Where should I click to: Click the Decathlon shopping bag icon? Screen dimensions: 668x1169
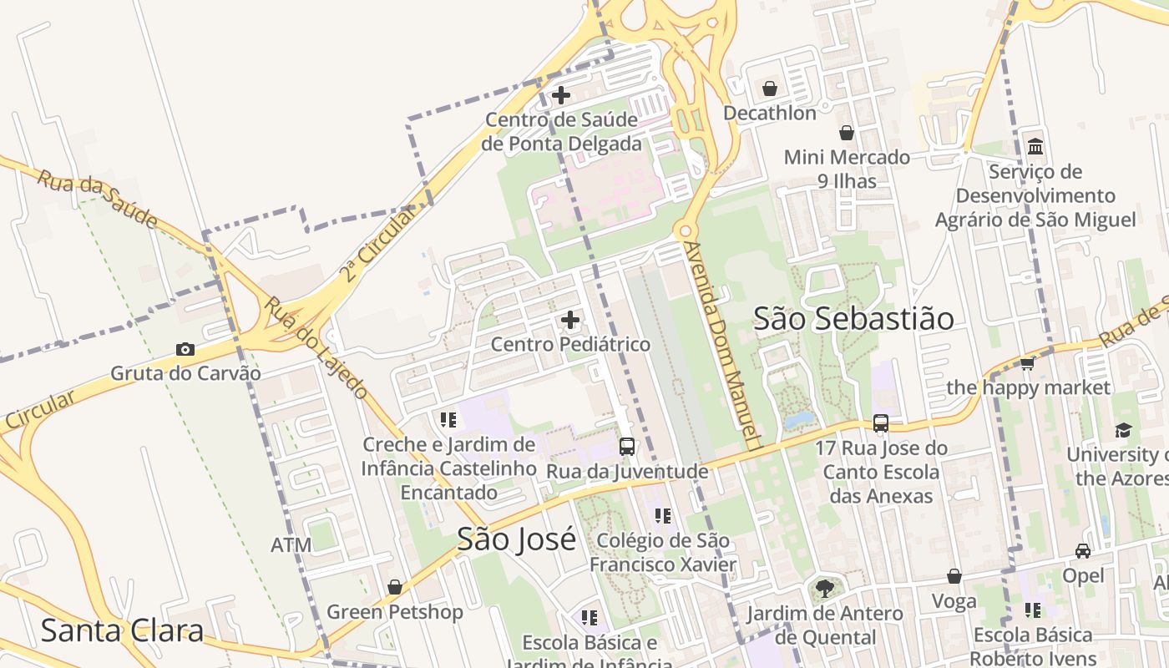pos(770,88)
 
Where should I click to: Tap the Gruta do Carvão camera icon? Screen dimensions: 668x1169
pos(185,349)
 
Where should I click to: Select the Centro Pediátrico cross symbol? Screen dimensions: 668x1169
pos(570,319)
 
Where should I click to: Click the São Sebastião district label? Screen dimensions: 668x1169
pos(853,318)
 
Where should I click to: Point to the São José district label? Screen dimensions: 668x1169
pos(516,539)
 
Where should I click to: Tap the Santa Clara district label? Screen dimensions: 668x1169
pos(122,630)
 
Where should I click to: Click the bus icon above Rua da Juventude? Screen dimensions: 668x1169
pos(627,447)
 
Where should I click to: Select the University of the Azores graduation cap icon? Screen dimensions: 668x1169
pos(1123,430)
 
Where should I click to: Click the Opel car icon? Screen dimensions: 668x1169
pos(1083,551)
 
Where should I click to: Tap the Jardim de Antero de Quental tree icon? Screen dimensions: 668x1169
pos(824,588)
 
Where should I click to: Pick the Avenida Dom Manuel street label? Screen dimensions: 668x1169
pos(719,346)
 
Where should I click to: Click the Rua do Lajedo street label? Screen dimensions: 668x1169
pos(316,347)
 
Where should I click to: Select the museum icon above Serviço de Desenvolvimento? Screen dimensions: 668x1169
pos(1035,147)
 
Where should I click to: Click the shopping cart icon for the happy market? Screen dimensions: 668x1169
pos(1027,363)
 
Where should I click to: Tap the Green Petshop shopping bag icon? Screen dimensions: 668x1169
pos(394,587)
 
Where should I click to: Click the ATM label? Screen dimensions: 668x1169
pos(291,545)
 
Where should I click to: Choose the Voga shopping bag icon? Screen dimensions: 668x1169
pos(954,576)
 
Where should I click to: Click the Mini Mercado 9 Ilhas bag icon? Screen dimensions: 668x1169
pos(847,133)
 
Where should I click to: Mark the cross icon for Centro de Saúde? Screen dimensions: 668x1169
pos(561,95)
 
